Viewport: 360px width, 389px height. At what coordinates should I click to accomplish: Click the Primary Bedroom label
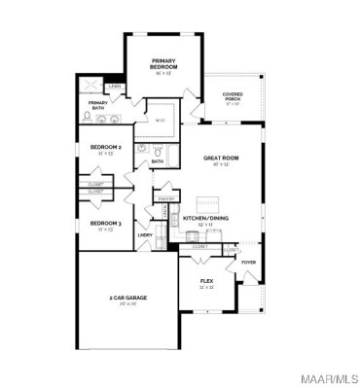point(162,63)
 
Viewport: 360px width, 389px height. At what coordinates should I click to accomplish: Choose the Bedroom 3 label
point(106,223)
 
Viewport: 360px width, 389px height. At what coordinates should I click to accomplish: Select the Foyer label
point(249,263)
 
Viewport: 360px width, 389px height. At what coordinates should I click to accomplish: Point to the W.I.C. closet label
point(162,121)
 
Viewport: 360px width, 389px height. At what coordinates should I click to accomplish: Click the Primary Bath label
point(98,105)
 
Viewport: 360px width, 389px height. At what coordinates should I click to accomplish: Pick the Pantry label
point(165,198)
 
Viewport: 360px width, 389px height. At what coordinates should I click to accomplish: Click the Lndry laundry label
point(144,234)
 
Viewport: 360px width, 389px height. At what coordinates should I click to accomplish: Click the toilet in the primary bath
point(87,119)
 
